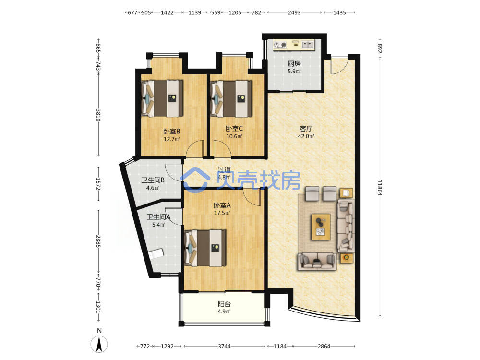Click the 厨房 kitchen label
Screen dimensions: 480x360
[x=294, y=64]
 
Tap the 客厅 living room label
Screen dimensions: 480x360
[x=306, y=129]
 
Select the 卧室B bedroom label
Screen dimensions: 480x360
[x=171, y=132]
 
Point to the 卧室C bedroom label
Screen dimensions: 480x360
[x=234, y=129]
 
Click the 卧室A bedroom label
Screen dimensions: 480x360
[x=222, y=205]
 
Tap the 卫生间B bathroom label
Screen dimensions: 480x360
[x=153, y=180]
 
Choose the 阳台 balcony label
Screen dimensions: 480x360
[x=224, y=304]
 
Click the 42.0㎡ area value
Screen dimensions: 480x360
[x=306, y=136]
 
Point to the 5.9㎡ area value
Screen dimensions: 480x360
[x=294, y=72]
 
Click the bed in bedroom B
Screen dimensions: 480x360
[x=162, y=98]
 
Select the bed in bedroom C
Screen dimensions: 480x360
[x=231, y=98]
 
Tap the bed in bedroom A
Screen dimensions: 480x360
[x=205, y=248]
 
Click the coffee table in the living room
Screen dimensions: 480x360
[x=321, y=227]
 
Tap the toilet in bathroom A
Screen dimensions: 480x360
[x=156, y=254]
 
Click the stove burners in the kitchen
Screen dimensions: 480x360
[x=280, y=45]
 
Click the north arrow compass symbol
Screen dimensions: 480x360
[x=99, y=344]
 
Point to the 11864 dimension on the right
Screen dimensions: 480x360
[x=380, y=187]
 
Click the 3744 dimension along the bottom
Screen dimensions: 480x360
[x=224, y=346]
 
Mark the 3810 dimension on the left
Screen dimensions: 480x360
[x=98, y=115]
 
